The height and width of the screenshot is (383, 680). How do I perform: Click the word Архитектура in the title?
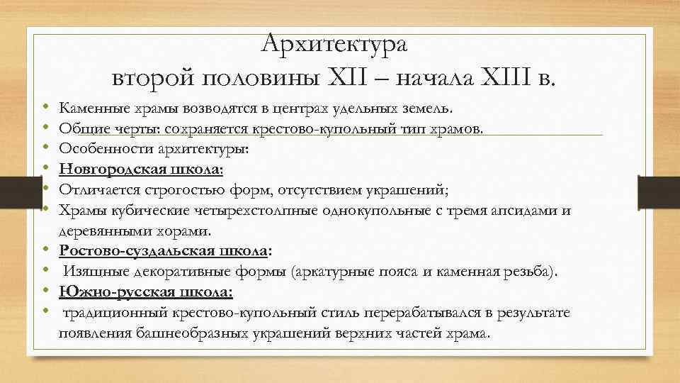tap(334, 45)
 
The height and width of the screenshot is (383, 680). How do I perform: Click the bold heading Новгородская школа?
tap(141, 170)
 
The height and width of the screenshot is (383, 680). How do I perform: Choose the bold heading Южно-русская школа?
tap(146, 292)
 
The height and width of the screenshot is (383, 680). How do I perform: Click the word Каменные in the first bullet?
tap(89, 109)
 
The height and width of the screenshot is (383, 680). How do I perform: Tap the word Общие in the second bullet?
tap(80, 129)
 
